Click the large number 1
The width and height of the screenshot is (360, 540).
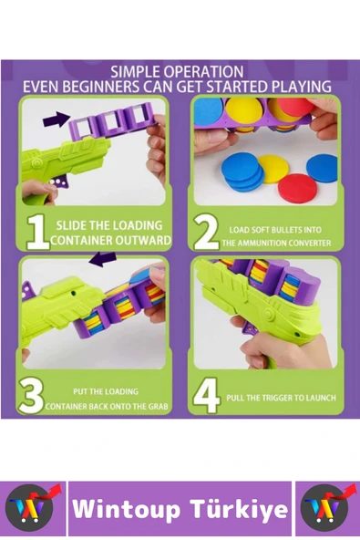click(38, 232)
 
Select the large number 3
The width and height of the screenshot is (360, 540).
click(31, 396)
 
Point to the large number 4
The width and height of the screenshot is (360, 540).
click(207, 396)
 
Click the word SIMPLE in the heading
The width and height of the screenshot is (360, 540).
click(135, 72)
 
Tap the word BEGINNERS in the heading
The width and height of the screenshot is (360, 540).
click(101, 87)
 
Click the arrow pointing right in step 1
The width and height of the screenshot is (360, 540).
click(57, 119)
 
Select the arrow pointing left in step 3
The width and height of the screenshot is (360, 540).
click(103, 259)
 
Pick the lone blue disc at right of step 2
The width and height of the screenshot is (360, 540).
click(323, 169)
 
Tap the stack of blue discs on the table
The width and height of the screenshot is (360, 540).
click(243, 172)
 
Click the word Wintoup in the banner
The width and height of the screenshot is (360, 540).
click(126, 509)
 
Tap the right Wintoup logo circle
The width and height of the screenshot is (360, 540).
click(324, 508)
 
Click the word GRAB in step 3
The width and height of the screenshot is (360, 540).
click(159, 407)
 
